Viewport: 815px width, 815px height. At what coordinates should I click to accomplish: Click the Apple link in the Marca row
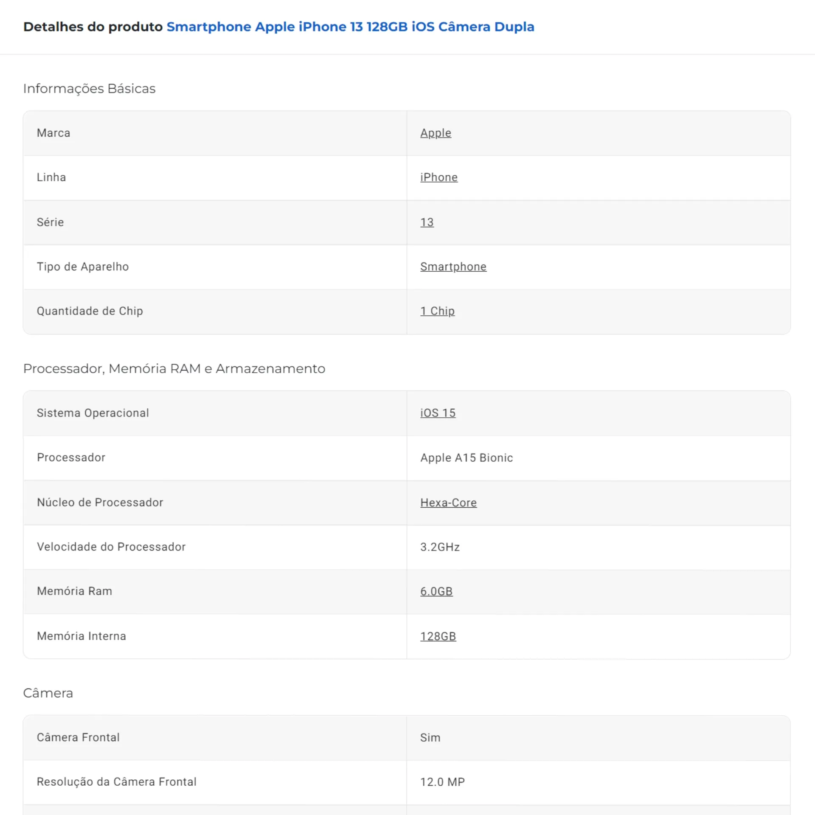(436, 133)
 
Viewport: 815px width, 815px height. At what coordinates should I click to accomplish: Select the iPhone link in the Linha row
(438, 177)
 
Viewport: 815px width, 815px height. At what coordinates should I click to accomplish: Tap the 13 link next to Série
(427, 222)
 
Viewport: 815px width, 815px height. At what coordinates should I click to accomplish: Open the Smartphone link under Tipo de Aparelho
(453, 267)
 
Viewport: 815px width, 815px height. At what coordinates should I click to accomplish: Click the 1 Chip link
(437, 311)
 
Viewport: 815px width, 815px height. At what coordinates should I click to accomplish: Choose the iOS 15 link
(438, 413)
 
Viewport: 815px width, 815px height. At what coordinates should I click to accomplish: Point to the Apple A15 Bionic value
(466, 458)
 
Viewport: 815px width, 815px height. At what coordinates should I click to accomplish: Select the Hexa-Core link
(448, 503)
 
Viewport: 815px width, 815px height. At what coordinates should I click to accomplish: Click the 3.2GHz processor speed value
(440, 547)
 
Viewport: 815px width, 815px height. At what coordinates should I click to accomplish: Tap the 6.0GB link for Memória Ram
(436, 591)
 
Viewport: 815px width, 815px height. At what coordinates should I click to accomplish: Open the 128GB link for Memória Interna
(438, 636)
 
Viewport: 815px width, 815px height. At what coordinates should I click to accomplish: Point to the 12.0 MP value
(442, 782)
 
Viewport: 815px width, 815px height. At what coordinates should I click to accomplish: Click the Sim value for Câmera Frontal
(430, 738)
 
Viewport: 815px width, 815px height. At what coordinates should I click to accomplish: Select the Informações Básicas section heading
(89, 89)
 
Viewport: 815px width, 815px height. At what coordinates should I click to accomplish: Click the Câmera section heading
(48, 693)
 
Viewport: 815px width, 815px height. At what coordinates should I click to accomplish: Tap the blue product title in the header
(350, 27)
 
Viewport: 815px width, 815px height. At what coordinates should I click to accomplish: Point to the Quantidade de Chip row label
(90, 311)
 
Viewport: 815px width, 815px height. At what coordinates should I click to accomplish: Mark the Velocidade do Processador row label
(111, 547)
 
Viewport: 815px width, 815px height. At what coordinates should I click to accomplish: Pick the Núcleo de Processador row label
(100, 503)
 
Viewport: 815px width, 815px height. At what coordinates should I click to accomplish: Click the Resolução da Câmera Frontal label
(116, 782)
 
